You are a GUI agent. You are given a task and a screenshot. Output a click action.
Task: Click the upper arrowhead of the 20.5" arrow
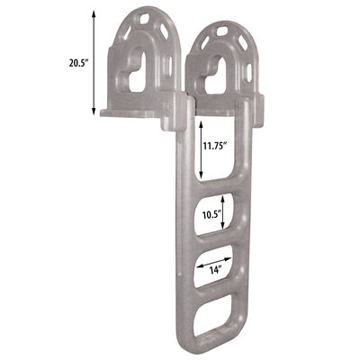(x=94, y=11)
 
